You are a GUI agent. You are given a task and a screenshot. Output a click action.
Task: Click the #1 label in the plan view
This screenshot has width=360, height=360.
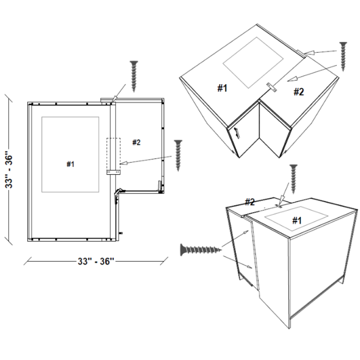[70, 164]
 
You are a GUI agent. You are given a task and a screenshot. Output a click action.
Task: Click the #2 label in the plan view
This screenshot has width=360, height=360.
[136, 142]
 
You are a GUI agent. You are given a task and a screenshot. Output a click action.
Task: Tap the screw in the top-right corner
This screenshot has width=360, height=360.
[343, 55]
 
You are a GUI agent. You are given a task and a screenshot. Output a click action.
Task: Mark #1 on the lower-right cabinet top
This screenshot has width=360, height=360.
[296, 220]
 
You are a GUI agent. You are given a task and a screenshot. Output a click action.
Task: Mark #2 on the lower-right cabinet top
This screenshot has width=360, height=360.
[250, 201]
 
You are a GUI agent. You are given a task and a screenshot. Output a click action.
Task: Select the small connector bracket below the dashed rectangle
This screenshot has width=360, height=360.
[113, 172]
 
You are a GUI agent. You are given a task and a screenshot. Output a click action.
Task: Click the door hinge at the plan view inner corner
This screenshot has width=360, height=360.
[117, 193]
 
